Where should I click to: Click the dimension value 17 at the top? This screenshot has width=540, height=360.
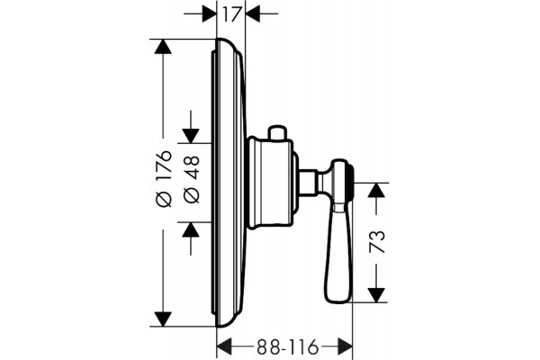[230, 14]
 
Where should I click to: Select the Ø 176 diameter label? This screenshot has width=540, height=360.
[164, 178]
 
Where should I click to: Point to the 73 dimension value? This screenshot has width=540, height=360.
[376, 241]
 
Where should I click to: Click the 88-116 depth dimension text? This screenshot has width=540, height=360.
[287, 346]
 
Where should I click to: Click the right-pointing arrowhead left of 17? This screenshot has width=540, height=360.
[210, 13]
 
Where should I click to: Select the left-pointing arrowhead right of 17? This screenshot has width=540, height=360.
[252, 13]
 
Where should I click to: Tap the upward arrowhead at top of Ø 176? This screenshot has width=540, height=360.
[163, 47]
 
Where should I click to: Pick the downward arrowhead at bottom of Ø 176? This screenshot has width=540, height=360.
[163, 319]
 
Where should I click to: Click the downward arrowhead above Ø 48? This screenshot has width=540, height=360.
[191, 136]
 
